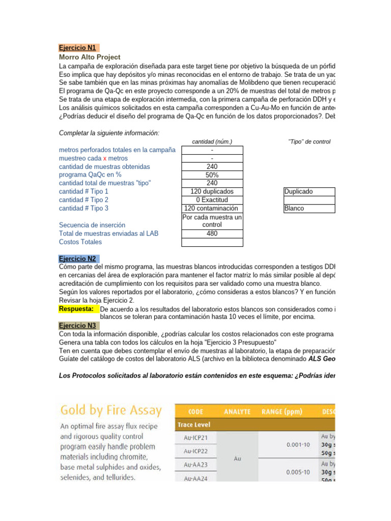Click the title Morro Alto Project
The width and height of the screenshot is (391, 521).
(x=90, y=57)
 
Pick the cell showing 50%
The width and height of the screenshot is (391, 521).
(x=212, y=175)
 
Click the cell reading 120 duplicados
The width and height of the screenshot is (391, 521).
(x=212, y=191)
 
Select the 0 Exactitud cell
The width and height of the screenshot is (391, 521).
(x=212, y=200)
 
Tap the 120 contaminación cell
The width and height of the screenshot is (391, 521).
(x=212, y=208)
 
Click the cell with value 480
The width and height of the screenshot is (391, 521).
(x=212, y=234)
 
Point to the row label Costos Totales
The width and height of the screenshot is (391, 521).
(x=80, y=242)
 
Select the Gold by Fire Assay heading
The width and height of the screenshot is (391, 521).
(x=111, y=410)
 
